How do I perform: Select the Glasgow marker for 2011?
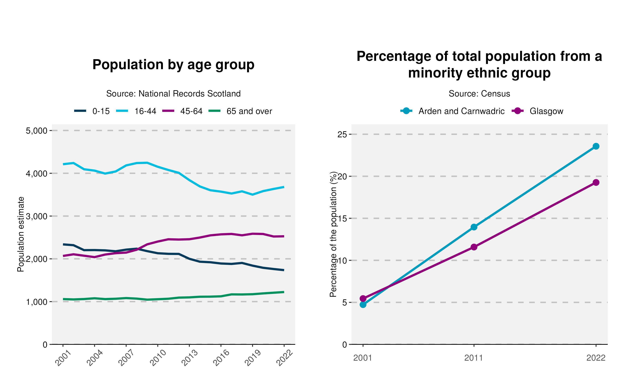click(x=474, y=247)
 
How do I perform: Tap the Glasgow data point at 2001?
click(x=363, y=298)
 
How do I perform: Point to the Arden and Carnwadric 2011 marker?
click(x=474, y=227)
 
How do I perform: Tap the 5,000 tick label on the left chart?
click(x=37, y=131)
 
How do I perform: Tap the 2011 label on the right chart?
click(x=474, y=358)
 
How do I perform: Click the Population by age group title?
click(x=173, y=65)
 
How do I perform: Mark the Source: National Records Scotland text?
click(x=173, y=94)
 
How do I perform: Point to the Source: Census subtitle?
click(x=479, y=94)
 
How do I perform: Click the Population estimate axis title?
click(x=21, y=234)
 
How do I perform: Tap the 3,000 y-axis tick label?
click(x=37, y=216)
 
